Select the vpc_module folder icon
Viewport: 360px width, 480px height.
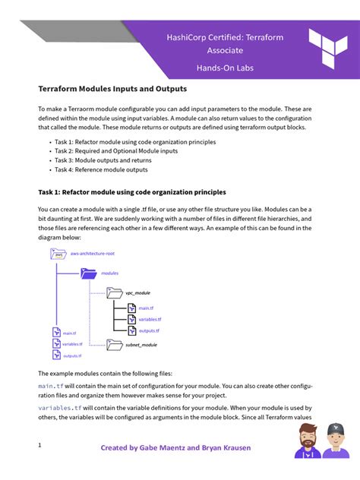pos(114,292)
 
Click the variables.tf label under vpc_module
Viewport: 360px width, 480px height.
pos(150,320)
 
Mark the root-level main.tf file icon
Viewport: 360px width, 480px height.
pos(55,333)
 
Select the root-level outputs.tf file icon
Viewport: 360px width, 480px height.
pos(55,355)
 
